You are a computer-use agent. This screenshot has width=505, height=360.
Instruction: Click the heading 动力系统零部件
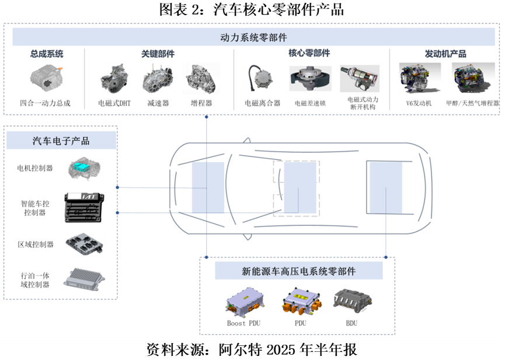coord(253,37)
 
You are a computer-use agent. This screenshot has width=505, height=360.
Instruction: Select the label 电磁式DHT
coord(115,103)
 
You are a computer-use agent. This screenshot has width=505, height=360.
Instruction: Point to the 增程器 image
coord(201,79)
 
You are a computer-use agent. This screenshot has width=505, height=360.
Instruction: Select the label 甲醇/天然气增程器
coord(472,103)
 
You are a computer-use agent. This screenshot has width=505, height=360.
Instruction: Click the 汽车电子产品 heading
coord(61,141)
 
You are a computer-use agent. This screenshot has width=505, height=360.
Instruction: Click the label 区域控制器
coord(36,244)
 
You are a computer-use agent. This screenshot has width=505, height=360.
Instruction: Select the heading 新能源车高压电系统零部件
coord(298,271)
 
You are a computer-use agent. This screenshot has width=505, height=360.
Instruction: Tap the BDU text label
coord(351,323)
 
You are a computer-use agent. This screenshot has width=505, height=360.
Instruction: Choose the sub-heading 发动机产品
coord(445,54)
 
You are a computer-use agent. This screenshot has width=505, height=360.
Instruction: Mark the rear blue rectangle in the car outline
coord(385,187)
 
